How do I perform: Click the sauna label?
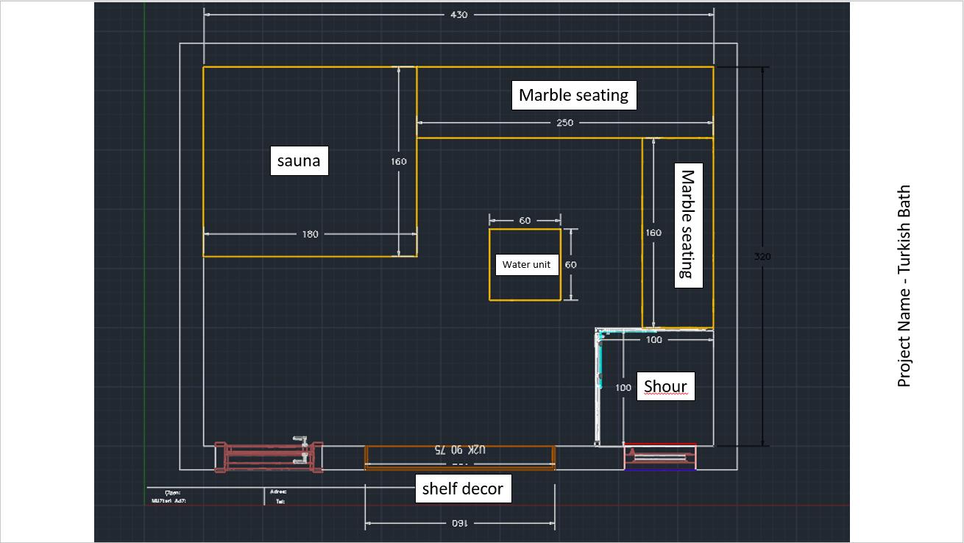299,161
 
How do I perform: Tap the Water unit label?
526,265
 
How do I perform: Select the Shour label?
665,386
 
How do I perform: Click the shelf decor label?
462,489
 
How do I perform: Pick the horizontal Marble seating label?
573,95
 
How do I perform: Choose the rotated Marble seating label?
688,224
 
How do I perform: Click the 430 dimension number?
458,15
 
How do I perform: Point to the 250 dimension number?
564,123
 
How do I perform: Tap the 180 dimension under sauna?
310,234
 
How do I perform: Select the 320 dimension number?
762,257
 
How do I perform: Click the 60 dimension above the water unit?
525,221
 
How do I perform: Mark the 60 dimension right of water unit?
570,265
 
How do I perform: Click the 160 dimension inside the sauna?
399,161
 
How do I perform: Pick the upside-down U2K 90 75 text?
460,449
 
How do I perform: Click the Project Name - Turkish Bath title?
904,285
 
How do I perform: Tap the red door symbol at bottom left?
269,455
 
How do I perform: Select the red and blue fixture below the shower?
660,457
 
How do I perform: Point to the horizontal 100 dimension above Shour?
653,340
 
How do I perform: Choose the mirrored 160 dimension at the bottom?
458,524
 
